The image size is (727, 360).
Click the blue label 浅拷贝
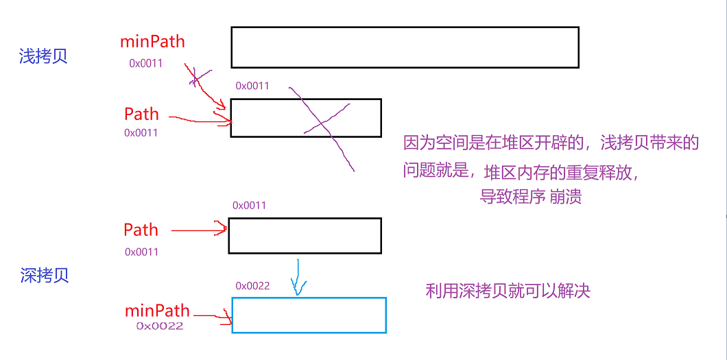(43, 56)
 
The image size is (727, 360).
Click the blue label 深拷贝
(45, 276)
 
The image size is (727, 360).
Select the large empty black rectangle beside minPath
(405, 47)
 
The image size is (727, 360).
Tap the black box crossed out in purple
(306, 118)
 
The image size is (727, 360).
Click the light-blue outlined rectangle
(309, 315)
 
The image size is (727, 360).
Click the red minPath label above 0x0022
(157, 311)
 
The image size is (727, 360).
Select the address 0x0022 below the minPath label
(160, 326)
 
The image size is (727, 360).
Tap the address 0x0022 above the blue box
(252, 285)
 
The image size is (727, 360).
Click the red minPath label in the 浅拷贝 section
(152, 41)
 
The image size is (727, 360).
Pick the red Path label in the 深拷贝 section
(141, 230)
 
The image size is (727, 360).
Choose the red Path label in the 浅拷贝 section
(141, 114)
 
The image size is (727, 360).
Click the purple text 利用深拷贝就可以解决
(508, 291)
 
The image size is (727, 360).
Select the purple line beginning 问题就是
(521, 171)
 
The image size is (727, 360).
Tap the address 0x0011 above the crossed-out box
(252, 86)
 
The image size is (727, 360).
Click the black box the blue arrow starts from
(305, 236)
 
